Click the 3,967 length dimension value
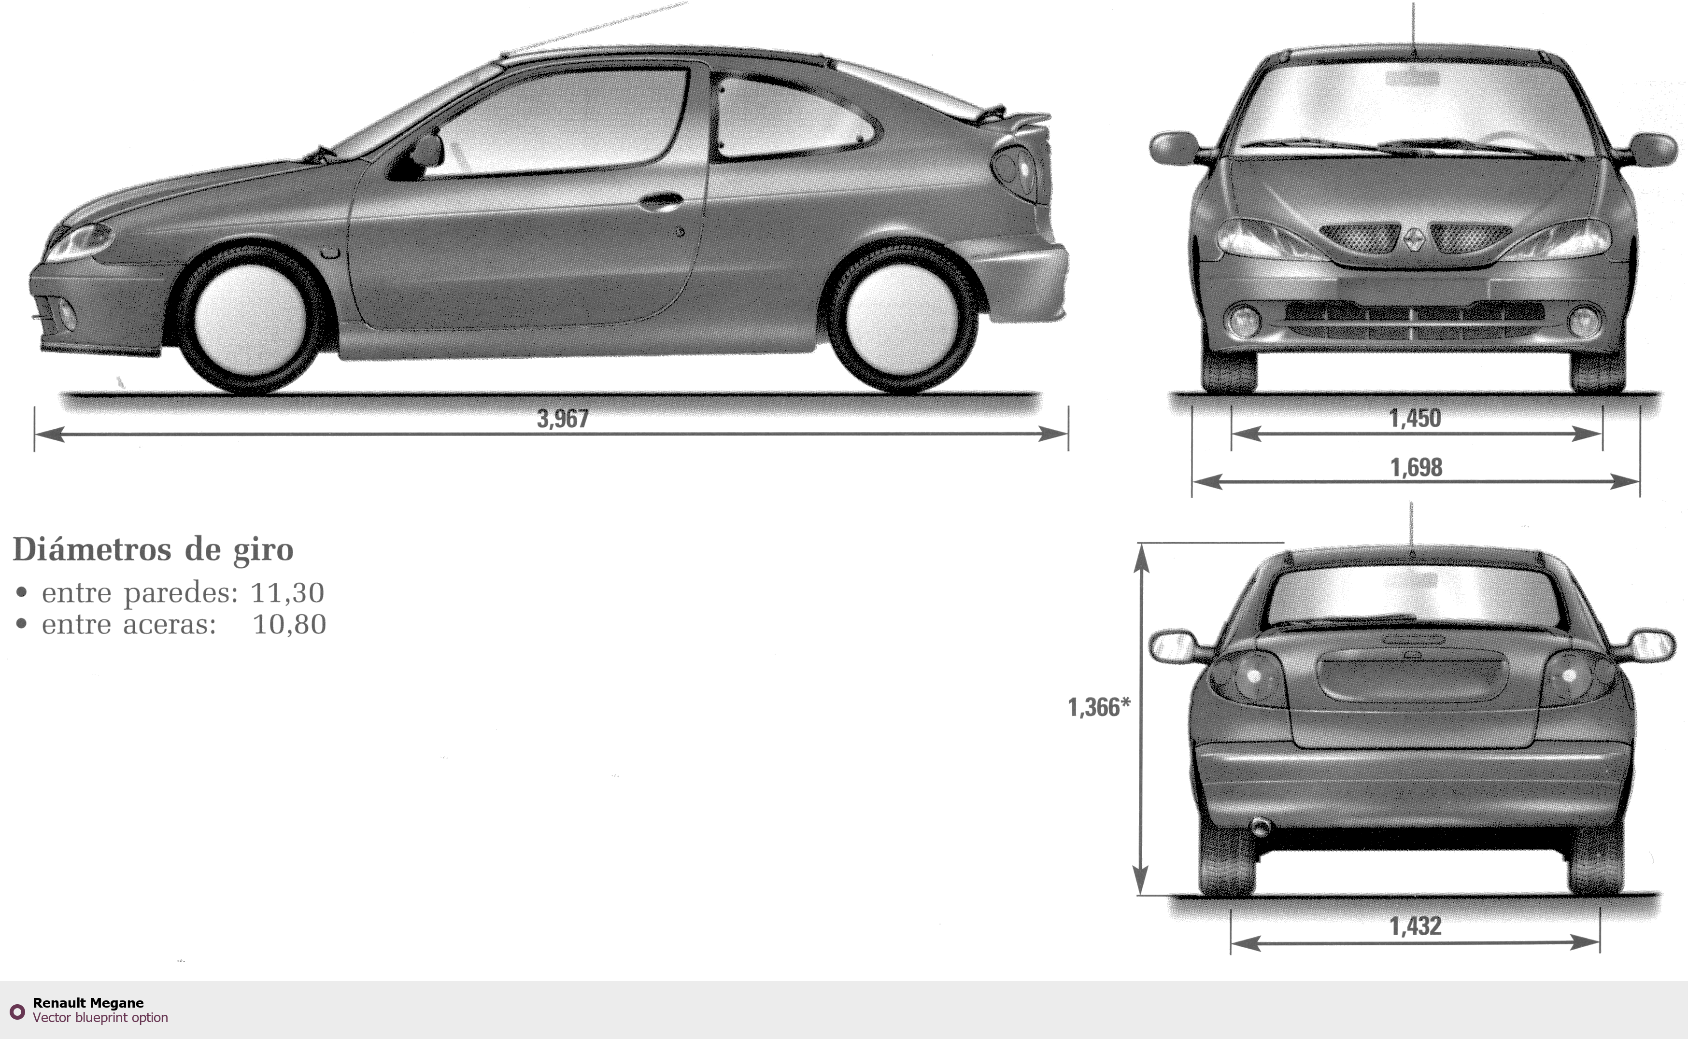(x=562, y=419)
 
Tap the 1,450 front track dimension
(x=1415, y=418)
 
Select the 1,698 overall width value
(x=1416, y=467)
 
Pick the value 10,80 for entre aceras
(x=289, y=624)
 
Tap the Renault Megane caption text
(x=88, y=1003)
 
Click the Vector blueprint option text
(x=100, y=1017)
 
